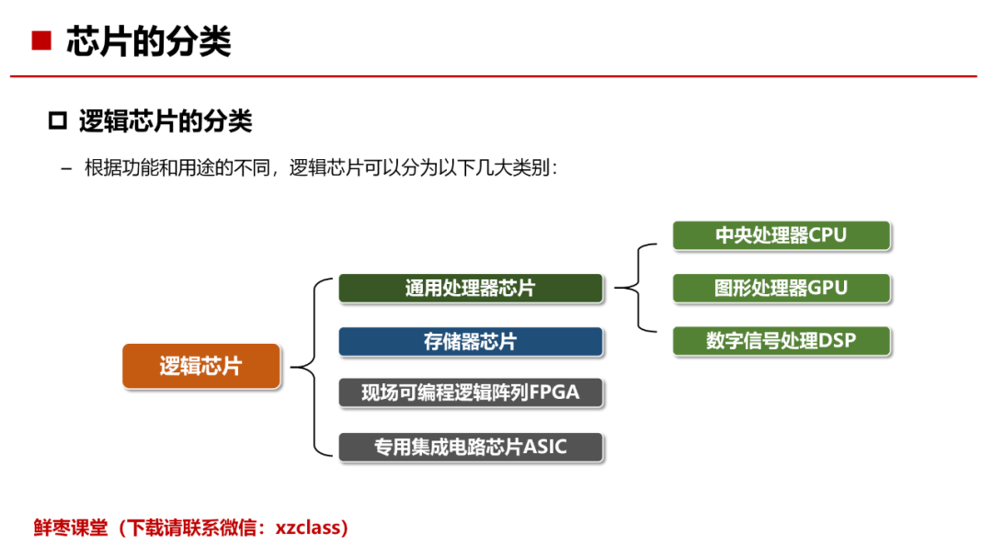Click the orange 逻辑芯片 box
(x=201, y=366)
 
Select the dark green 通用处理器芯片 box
(x=471, y=288)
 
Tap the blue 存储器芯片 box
(x=471, y=342)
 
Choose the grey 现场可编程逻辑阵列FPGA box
(x=471, y=393)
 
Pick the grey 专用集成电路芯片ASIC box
(x=471, y=447)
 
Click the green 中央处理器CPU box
(x=782, y=235)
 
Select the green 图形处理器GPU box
(x=782, y=288)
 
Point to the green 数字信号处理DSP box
(x=782, y=341)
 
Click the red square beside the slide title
(x=41, y=40)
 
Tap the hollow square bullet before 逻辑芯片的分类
(x=58, y=120)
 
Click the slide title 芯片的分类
(x=149, y=41)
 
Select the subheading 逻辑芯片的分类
(x=165, y=121)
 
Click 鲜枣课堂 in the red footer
(x=71, y=528)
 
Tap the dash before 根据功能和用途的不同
(x=66, y=169)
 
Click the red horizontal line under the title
(x=494, y=76)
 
